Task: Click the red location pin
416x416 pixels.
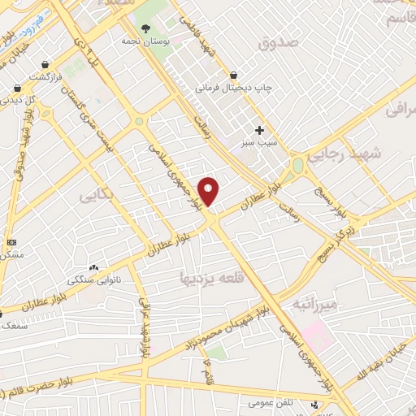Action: [209, 191]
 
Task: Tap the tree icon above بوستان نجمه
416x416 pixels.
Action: [146, 28]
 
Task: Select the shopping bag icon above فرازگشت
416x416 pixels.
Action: [45, 63]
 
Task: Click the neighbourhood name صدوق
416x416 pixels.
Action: [279, 42]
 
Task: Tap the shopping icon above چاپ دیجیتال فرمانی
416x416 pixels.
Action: [233, 73]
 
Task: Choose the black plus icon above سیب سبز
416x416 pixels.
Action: [259, 129]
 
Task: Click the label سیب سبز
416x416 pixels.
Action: [259, 142]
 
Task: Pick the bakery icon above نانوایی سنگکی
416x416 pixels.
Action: [93, 266]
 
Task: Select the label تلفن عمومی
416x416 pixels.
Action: [272, 402]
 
